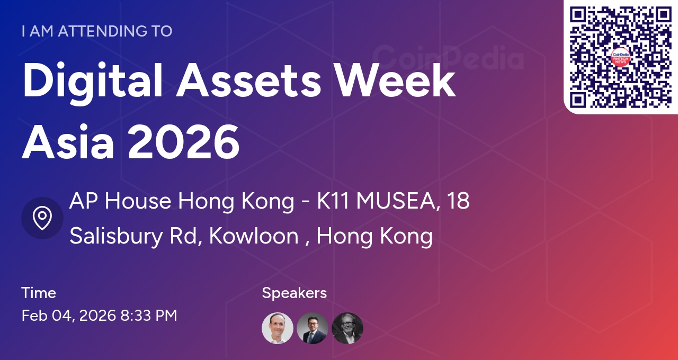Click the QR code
[620, 57]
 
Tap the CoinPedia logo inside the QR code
[620, 57]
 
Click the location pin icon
[42, 218]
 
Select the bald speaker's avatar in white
[278, 328]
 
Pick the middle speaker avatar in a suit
[313, 328]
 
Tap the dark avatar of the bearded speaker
[347, 328]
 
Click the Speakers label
[295, 293]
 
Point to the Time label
[39, 293]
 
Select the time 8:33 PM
[149, 316]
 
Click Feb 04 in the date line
[48, 316]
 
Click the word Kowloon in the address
[254, 236]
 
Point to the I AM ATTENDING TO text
[97, 31]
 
